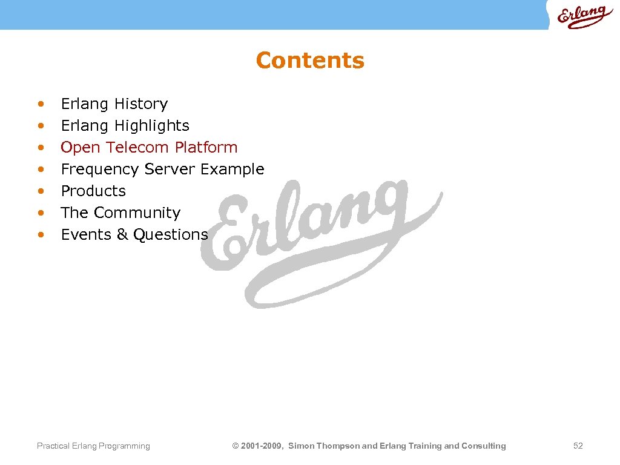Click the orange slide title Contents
tap(310, 61)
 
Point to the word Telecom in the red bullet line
tap(137, 148)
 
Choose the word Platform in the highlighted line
tap(206, 148)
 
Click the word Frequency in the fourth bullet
tap(101, 170)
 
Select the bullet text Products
tap(93, 191)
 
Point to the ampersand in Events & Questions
tap(122, 235)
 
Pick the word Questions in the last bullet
tap(170, 235)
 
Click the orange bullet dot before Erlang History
tap(41, 104)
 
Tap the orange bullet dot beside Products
tap(41, 191)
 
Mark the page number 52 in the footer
tap(578, 446)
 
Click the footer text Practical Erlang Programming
tap(93, 446)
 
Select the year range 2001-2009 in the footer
tap(262, 446)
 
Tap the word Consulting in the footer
tap(483, 446)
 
